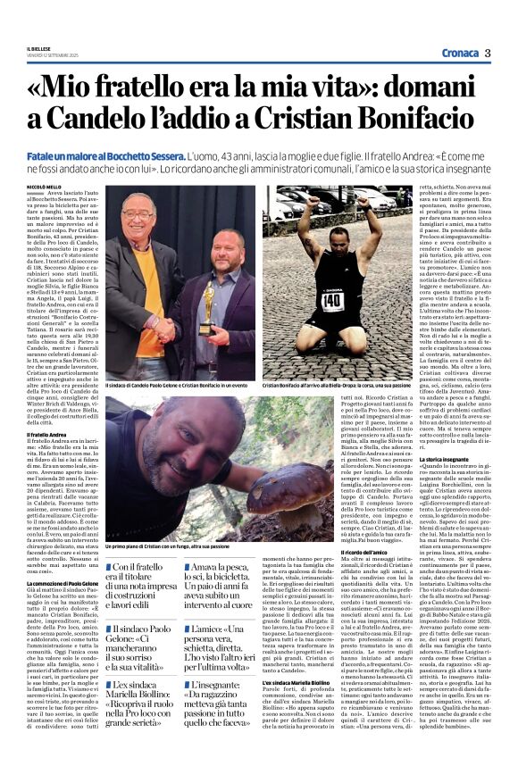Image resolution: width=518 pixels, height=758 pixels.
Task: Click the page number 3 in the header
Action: click(x=488, y=53)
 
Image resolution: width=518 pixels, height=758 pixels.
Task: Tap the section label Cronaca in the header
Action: click(x=456, y=53)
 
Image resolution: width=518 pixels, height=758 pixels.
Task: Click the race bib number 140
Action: click(x=333, y=301)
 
